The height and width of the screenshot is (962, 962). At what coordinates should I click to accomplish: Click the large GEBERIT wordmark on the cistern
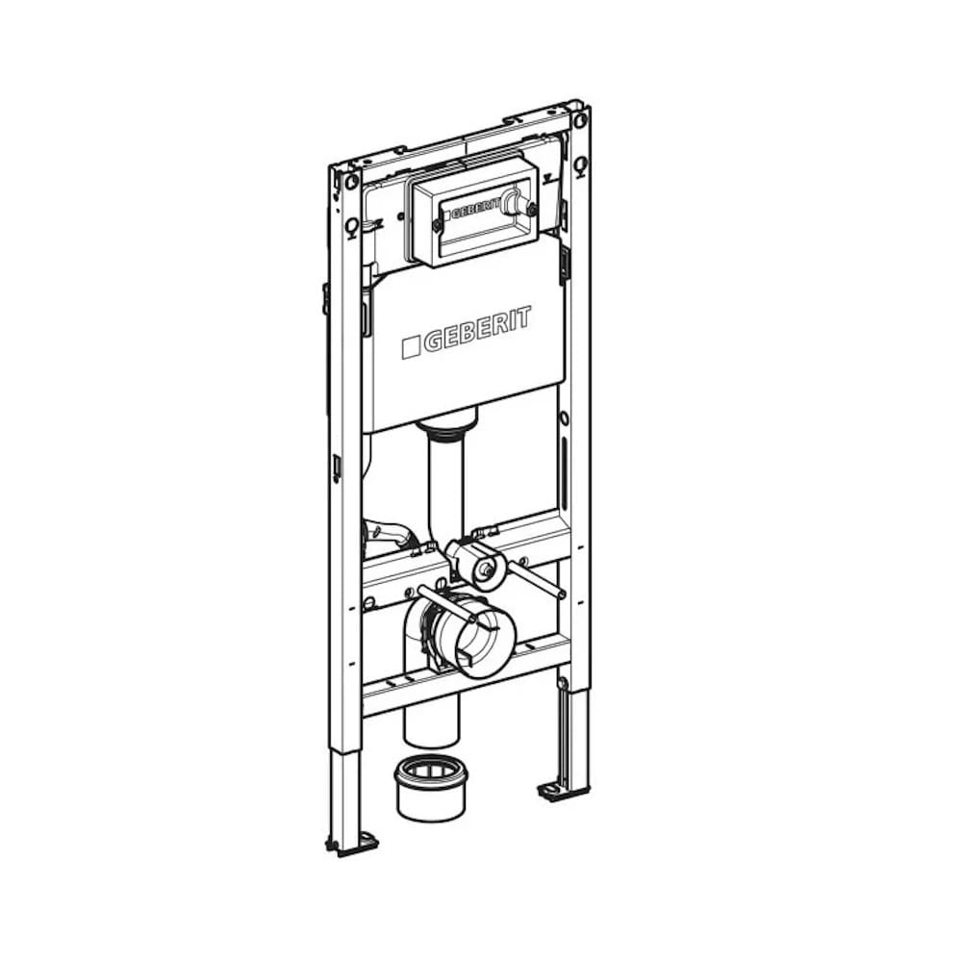pos(477,329)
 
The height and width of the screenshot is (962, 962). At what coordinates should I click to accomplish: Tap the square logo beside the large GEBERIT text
pos(411,346)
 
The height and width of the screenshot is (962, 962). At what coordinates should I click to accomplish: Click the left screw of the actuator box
pos(436,225)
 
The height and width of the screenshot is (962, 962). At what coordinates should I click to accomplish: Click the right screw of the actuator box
pos(532,209)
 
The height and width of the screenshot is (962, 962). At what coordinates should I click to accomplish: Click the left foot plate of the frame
pos(351,844)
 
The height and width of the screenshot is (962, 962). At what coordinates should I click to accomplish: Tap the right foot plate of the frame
pos(562,792)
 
